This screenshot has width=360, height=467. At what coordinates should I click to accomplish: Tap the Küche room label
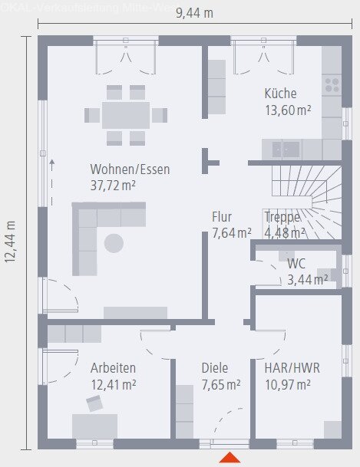point(280,94)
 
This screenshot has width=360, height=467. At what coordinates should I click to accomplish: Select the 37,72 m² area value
point(113,185)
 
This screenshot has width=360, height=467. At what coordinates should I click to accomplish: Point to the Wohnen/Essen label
point(130,169)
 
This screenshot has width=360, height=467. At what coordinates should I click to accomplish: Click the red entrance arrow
point(230,458)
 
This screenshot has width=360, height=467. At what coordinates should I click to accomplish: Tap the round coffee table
point(114,244)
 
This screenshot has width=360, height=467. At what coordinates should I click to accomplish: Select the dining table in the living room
point(126,115)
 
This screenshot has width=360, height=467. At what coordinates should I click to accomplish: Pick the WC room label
point(296,264)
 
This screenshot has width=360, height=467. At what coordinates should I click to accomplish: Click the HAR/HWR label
point(292,368)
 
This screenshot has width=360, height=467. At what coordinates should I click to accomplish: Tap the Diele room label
point(215,368)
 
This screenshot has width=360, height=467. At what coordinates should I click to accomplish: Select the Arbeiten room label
point(113,368)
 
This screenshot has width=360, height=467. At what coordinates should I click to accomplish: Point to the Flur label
point(222,217)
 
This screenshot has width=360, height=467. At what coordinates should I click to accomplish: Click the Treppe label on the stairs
point(282,217)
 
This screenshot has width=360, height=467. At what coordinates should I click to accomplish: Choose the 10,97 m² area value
point(287,384)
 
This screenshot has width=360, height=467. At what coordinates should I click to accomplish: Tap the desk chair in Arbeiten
point(95,403)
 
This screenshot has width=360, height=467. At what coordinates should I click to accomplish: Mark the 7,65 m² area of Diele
point(221,384)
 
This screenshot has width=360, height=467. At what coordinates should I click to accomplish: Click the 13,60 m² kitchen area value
point(288,110)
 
